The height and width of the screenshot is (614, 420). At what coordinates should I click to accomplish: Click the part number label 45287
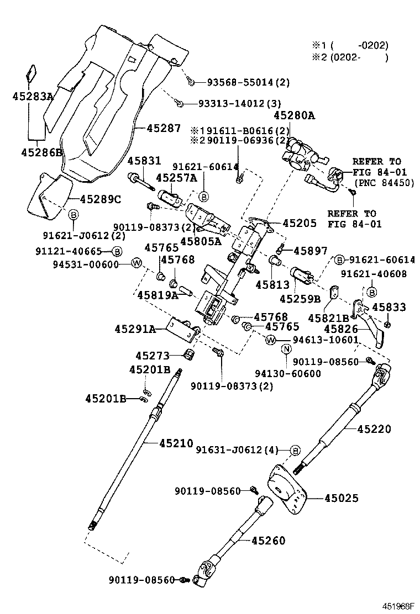(164, 128)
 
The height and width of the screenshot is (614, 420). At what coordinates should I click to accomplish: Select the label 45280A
(294, 115)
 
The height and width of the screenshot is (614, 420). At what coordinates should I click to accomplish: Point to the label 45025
(341, 498)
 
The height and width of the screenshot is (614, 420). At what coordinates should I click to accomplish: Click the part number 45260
(269, 541)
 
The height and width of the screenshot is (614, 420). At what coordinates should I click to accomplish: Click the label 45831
(144, 161)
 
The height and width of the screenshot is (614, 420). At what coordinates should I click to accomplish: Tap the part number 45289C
(100, 199)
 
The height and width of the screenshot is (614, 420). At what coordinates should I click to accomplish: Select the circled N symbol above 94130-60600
(286, 348)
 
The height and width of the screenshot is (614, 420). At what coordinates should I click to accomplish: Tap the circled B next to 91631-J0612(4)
(295, 450)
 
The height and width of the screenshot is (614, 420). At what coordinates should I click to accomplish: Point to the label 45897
(310, 250)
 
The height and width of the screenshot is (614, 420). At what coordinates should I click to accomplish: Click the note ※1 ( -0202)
(349, 45)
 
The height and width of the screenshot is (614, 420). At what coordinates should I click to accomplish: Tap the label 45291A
(135, 329)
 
